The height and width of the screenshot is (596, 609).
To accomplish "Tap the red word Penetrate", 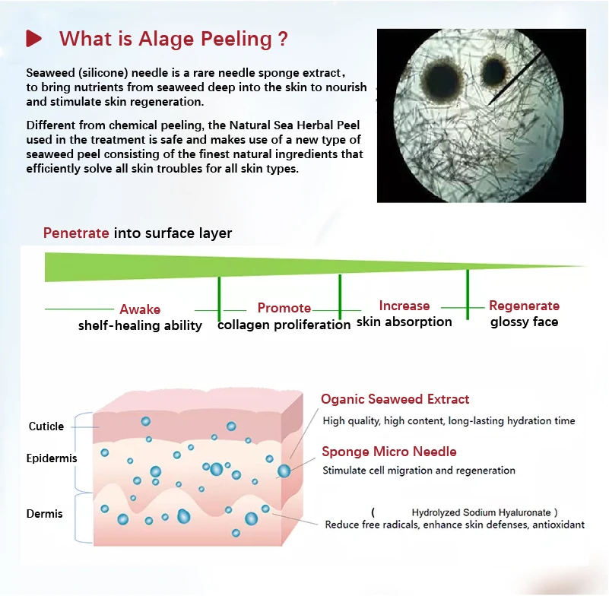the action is pos(76,233).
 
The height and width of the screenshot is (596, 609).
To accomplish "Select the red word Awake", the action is pos(140,309).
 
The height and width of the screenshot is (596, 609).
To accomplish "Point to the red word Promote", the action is pos(284,308).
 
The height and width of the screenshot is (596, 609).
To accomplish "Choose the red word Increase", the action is pos(404,306).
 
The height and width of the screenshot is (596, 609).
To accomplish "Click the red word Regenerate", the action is pos(524,306).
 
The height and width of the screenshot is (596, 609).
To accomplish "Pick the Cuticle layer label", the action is pos(46,426).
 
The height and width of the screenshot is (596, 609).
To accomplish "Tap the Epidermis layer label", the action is pos(52,458).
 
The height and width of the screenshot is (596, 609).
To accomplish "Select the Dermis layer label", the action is pos(45,514).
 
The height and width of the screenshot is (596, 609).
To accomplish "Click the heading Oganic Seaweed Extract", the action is pos(395,399).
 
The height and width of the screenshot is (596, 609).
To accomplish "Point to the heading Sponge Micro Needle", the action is pos(389,452).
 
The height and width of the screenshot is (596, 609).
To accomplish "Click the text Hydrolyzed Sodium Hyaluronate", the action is pos(481,512).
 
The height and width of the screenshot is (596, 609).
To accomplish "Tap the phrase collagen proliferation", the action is pos(284,325).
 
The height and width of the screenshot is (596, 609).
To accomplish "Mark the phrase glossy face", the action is pos(524,322).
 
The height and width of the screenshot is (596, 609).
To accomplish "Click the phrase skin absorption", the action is pos(404,322).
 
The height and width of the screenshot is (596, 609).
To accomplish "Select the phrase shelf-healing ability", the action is pos(140,325).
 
